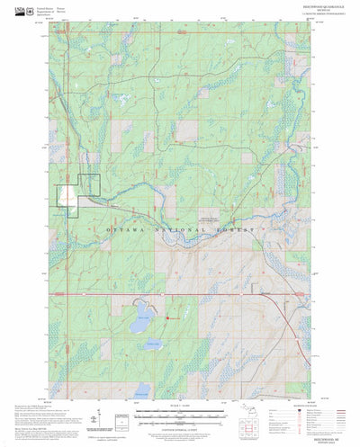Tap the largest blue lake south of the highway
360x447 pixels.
click(x=140, y=322)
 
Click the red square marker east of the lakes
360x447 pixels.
click(x=168, y=316)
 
